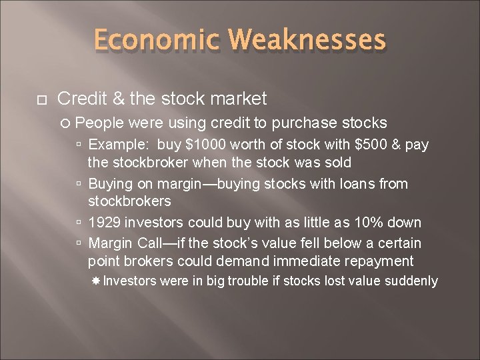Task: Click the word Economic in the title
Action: tap(158, 40)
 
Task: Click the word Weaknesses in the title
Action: tap(307, 40)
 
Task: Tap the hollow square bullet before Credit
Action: tap(41, 100)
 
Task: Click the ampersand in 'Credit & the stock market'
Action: tap(119, 99)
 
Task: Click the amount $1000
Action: tap(199, 145)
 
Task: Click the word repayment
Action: tap(383, 261)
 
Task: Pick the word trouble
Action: tap(248, 281)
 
